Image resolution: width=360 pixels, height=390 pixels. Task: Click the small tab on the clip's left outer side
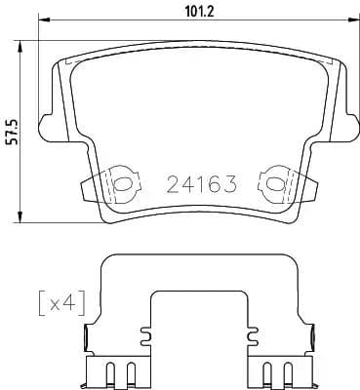89,337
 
